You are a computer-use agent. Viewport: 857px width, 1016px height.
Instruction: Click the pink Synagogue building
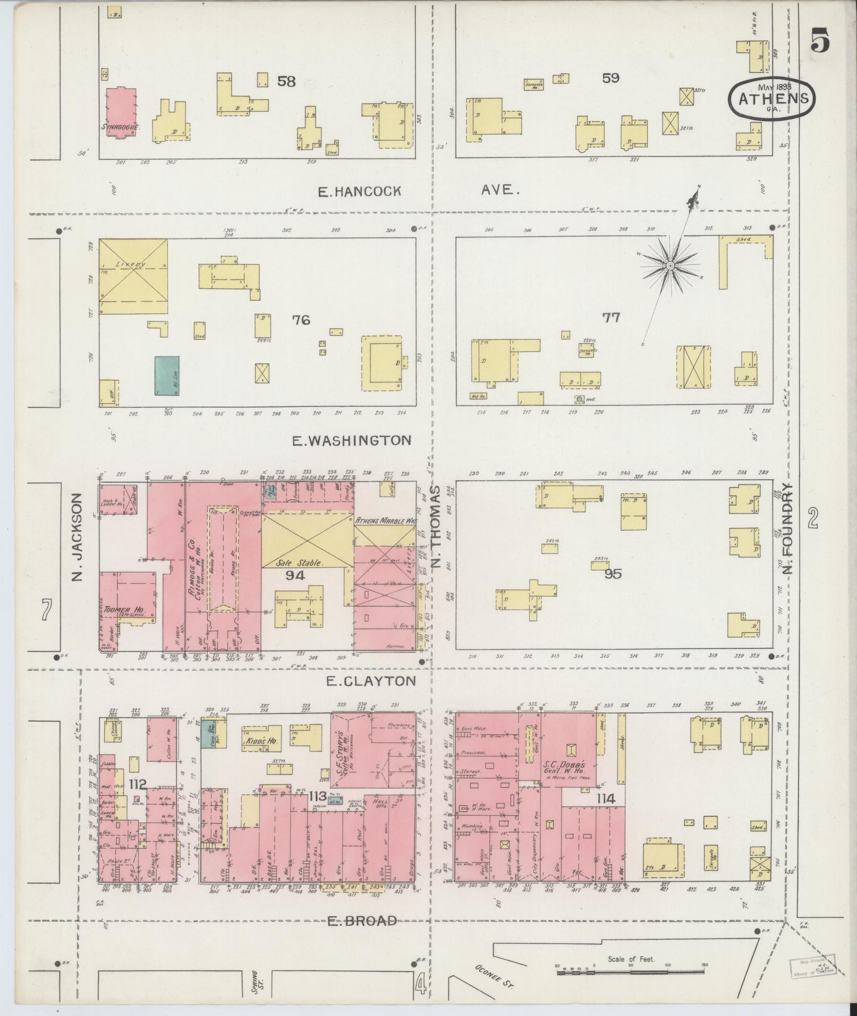[x=121, y=112]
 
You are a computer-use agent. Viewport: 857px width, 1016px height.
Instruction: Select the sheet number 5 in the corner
[x=820, y=41]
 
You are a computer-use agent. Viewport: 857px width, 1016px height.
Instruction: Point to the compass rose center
[x=671, y=265]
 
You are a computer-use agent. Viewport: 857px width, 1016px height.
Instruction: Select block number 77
[x=610, y=318]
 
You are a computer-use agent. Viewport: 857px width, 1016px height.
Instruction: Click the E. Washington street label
[x=352, y=440]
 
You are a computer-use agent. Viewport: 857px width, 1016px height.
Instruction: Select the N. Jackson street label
[x=78, y=537]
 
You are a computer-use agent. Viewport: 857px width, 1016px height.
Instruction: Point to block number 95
[x=612, y=574]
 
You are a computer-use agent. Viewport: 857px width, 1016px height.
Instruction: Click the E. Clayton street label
[x=370, y=681]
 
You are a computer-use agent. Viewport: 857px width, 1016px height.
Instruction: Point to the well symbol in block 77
[x=579, y=399]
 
